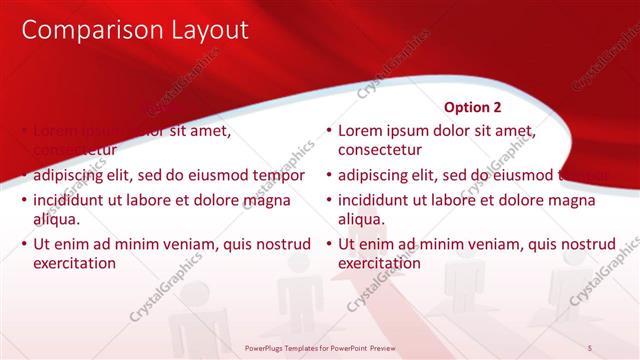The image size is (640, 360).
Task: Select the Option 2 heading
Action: [x=472, y=105]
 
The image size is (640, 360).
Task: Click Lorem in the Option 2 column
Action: [x=360, y=131]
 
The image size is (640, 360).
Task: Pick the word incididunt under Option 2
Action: [x=376, y=200]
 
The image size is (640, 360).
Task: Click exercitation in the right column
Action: [x=380, y=263]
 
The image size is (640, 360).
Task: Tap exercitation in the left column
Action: [x=75, y=263]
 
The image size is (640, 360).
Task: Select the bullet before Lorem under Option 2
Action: [x=328, y=131]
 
